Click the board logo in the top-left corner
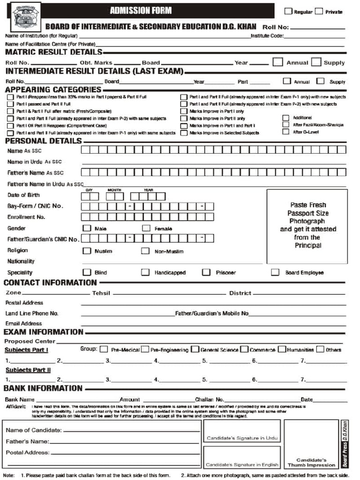[x=25, y=18]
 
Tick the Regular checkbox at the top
[x=289, y=11]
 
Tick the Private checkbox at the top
[x=319, y=11]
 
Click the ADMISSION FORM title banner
[x=141, y=11]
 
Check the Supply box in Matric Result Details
[x=316, y=62]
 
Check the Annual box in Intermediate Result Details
[x=287, y=81]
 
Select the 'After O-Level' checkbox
[x=285, y=132]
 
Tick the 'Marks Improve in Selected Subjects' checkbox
[x=184, y=133]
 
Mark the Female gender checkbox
[x=146, y=228]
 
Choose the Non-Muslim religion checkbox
[x=146, y=251]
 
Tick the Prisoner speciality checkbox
[x=206, y=272]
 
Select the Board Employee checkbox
[x=276, y=272]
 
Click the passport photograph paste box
[x=307, y=226]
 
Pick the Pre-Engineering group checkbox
[x=145, y=349]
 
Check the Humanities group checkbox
[x=282, y=349]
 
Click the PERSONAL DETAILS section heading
[x=43, y=141]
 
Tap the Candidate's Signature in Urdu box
[x=242, y=431]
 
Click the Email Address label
[x=24, y=323]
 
